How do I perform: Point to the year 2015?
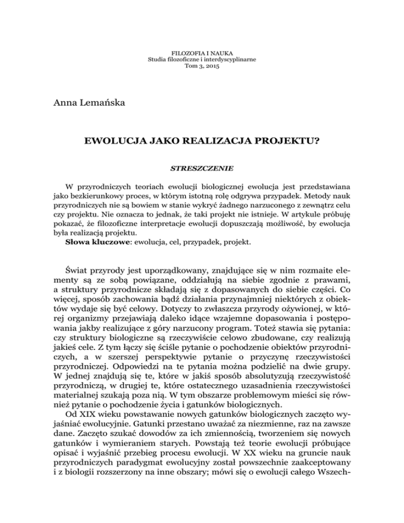click(210, 67)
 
